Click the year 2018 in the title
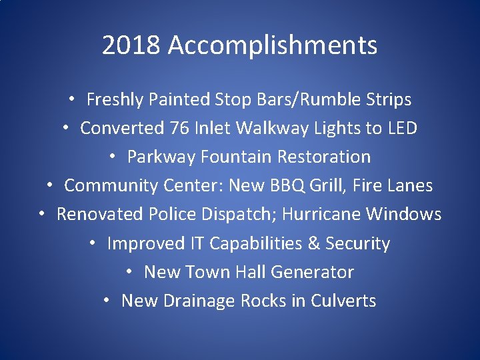click(132, 46)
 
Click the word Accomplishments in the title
click(273, 46)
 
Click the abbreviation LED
click(402, 128)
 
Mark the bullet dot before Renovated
click(43, 214)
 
